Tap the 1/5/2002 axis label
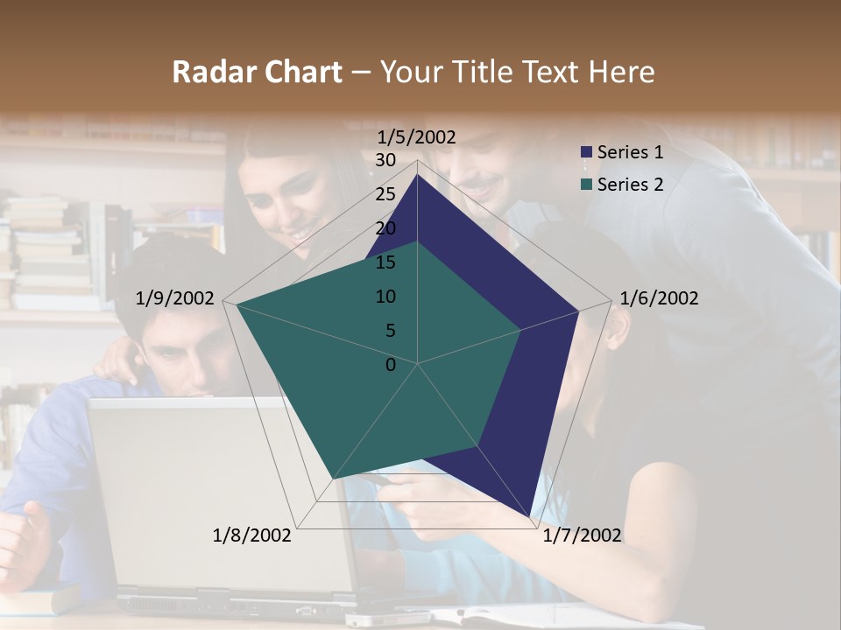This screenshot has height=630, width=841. click(417, 136)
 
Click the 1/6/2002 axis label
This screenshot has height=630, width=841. click(659, 298)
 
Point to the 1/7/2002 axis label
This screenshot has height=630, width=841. click(582, 535)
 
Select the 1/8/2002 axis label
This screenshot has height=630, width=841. click(252, 535)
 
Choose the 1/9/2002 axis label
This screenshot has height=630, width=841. click(175, 298)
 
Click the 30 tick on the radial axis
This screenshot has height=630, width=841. click(385, 160)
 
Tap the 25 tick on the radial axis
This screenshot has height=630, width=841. click(385, 194)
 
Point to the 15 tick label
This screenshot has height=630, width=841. click(385, 262)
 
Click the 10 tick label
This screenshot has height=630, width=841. click(385, 297)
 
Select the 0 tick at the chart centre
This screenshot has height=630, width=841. click(391, 365)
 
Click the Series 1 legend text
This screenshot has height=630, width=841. click(630, 153)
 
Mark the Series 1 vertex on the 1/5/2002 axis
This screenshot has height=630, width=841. click(418, 174)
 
